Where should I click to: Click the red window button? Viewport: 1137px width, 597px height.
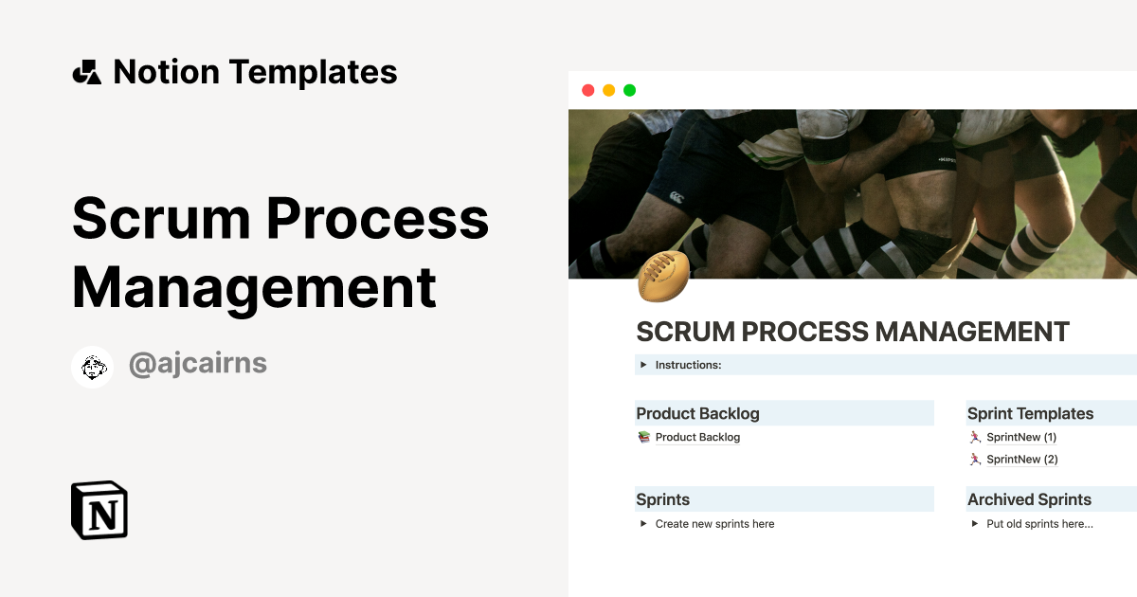(x=587, y=90)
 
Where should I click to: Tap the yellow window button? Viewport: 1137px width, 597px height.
(x=608, y=90)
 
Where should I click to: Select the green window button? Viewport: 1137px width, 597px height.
(x=629, y=90)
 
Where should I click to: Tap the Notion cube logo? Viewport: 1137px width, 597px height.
(x=99, y=510)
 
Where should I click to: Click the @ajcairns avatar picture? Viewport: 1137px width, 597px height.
(x=93, y=366)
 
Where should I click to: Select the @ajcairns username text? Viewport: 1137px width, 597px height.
(x=197, y=365)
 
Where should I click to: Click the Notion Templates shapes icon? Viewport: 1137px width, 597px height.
(x=86, y=72)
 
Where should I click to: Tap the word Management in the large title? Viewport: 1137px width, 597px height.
(x=254, y=286)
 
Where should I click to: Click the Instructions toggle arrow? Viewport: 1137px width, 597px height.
(x=643, y=365)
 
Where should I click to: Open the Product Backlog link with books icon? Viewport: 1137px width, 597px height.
(x=697, y=437)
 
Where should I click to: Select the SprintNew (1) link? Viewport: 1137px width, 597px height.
(x=1020, y=437)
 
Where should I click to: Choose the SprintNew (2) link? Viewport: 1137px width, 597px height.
(x=1020, y=459)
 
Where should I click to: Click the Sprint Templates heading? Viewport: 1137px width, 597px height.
(x=1030, y=413)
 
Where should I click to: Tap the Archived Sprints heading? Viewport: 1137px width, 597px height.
(x=1029, y=499)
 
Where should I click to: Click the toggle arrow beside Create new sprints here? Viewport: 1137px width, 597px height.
(x=643, y=523)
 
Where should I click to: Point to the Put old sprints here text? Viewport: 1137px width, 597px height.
(x=1039, y=523)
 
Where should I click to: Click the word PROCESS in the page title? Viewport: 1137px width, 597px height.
(x=804, y=333)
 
